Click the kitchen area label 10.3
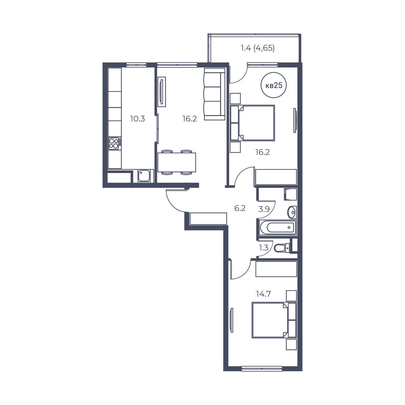click(x=137, y=119)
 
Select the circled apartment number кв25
click(x=274, y=85)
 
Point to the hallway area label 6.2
click(x=240, y=209)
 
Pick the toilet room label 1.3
click(x=264, y=248)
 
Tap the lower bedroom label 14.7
click(x=263, y=294)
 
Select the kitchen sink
click(x=144, y=176)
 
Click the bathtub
click(x=277, y=227)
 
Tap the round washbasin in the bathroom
click(x=292, y=212)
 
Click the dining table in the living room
click(x=177, y=162)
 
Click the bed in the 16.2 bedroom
click(x=252, y=123)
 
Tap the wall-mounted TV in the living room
click(x=162, y=92)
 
